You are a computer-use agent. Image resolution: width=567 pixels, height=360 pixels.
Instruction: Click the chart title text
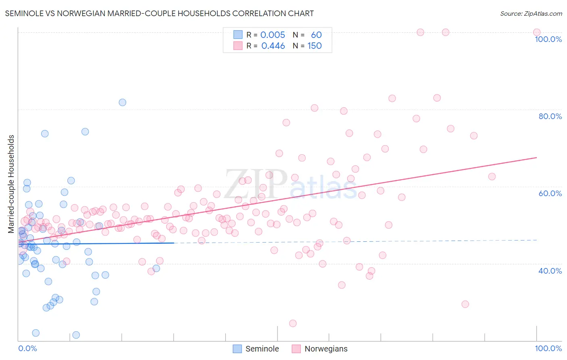click(159, 13)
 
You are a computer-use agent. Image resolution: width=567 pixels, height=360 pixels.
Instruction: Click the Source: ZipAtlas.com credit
click(531, 13)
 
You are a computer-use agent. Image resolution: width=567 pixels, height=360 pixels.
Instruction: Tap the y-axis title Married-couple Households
click(11, 184)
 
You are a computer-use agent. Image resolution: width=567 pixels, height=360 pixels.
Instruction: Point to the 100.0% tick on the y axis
click(548, 39)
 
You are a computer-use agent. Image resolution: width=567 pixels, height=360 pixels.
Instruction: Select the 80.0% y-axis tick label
click(550, 116)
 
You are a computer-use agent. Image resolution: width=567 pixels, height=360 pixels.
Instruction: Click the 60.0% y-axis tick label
click(550, 193)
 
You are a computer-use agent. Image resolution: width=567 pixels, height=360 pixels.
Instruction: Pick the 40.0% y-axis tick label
click(550, 271)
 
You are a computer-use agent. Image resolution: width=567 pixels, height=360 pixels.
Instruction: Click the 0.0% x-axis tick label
click(27, 348)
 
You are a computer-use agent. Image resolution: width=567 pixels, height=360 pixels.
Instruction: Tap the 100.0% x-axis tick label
click(548, 348)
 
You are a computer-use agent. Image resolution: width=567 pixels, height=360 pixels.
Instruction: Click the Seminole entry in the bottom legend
click(262, 349)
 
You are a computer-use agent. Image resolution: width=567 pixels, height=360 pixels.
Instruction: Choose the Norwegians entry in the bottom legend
click(325, 349)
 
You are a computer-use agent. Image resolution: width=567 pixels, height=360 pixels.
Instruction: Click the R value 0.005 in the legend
click(273, 35)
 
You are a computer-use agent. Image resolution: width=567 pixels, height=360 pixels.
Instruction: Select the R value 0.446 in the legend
click(273, 46)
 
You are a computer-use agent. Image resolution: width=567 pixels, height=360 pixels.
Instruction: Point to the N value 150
click(315, 46)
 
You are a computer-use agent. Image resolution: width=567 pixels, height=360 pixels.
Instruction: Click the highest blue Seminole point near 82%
click(122, 103)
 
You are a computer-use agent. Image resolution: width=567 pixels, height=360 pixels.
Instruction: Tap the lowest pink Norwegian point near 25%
click(293, 323)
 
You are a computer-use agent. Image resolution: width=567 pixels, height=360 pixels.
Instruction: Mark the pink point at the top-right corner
click(537, 32)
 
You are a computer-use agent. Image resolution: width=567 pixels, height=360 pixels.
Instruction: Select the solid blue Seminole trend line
click(97, 243)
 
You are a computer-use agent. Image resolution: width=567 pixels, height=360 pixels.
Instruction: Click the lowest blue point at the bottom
click(76, 335)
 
